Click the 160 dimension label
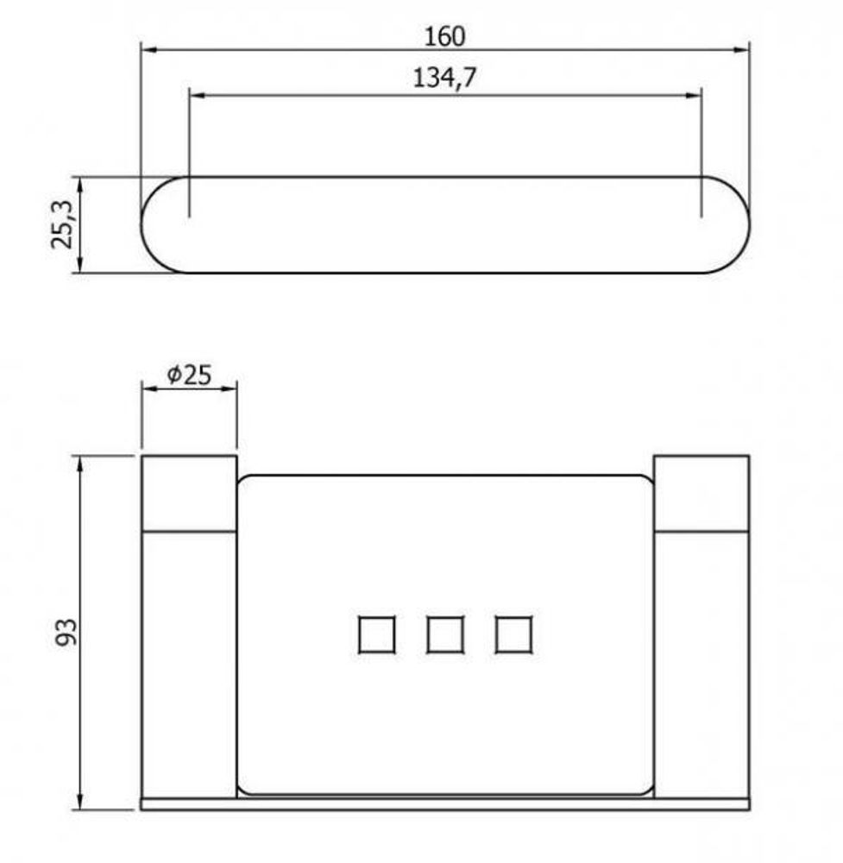coord(444,36)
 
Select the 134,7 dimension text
coord(444,78)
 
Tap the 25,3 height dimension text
coord(62,224)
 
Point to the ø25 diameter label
coord(189,375)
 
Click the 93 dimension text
coord(66,632)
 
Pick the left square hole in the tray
coord(376,634)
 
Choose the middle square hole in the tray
coord(444,634)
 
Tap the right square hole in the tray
coord(513,634)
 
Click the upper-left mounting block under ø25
coord(189,493)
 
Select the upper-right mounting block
coord(701,493)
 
